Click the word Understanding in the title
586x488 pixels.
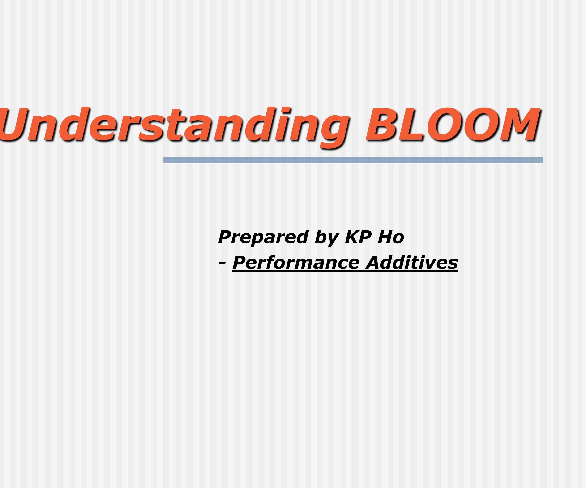173,124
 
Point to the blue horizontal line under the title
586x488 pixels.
353,160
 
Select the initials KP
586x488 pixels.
358,237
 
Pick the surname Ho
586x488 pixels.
391,237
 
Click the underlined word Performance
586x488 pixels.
296,263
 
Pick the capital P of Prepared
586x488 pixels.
226,237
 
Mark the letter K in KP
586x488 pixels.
352,237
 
